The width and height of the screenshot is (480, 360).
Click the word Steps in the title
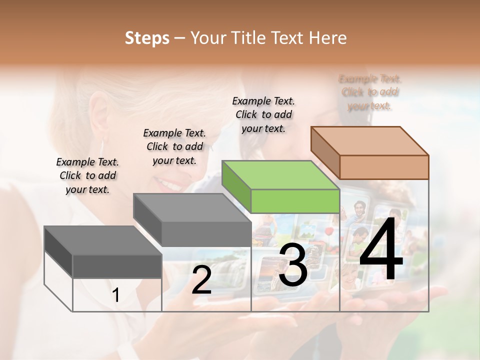147,38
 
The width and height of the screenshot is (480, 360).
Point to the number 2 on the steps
201,280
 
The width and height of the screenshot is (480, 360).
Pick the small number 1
116,295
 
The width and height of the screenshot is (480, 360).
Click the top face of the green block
280,175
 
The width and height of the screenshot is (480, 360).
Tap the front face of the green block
295,201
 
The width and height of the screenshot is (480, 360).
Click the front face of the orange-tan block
384,167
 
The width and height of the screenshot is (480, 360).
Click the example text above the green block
263,114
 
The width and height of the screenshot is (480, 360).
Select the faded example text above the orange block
370,92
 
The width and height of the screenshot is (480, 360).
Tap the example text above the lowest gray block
87,175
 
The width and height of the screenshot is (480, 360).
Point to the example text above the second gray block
174,146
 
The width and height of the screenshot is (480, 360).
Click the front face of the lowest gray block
117,266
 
